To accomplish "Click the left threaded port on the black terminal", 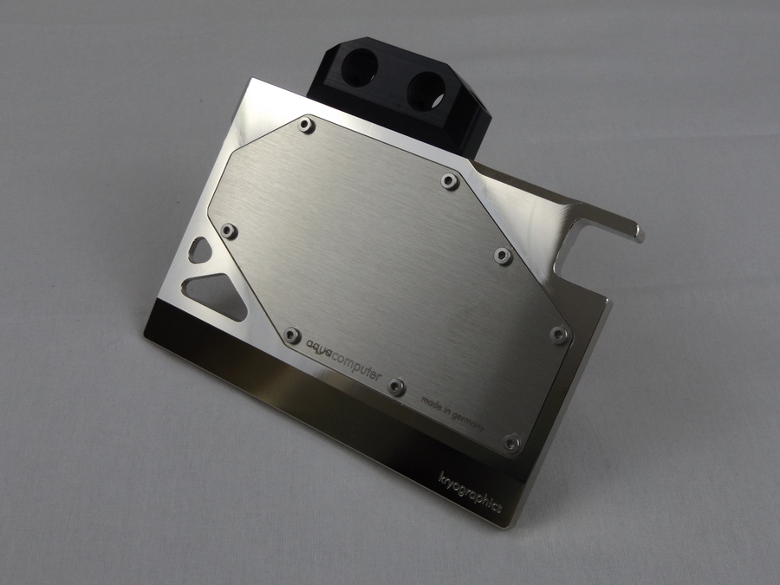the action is tap(360, 66).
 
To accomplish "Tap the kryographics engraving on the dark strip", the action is tap(470, 492).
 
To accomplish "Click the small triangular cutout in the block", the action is tap(199, 250).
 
